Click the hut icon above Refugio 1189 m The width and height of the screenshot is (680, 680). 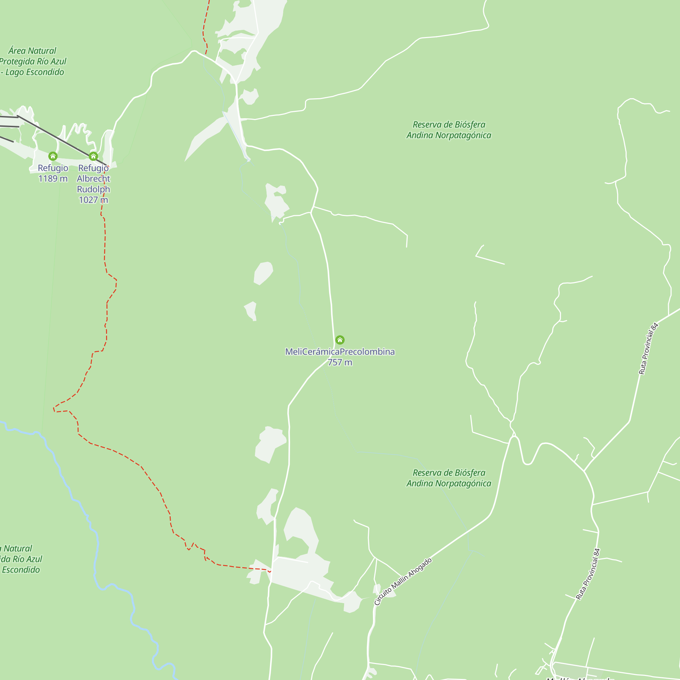(53, 156)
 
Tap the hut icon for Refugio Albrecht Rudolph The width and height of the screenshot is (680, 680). (93, 156)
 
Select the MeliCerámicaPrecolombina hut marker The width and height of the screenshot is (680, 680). (340, 340)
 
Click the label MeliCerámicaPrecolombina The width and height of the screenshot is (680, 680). (340, 352)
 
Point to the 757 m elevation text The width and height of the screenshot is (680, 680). (340, 362)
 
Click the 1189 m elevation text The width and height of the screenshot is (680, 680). (53, 178)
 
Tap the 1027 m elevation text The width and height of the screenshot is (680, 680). (93, 200)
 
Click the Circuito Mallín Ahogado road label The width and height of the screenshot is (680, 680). (403, 581)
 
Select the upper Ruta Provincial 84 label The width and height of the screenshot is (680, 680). (648, 348)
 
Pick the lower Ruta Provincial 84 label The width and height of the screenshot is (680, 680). (588, 574)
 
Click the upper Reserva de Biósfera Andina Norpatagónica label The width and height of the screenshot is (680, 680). (449, 130)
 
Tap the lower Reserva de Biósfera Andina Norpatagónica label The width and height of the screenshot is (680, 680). (449, 478)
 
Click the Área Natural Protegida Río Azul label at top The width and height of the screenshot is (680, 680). (32, 61)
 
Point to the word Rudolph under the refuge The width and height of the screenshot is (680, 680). (93, 189)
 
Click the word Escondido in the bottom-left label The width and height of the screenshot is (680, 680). (21, 569)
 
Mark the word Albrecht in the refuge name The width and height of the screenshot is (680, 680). (93, 179)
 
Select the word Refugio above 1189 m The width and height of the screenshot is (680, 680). (53, 168)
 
